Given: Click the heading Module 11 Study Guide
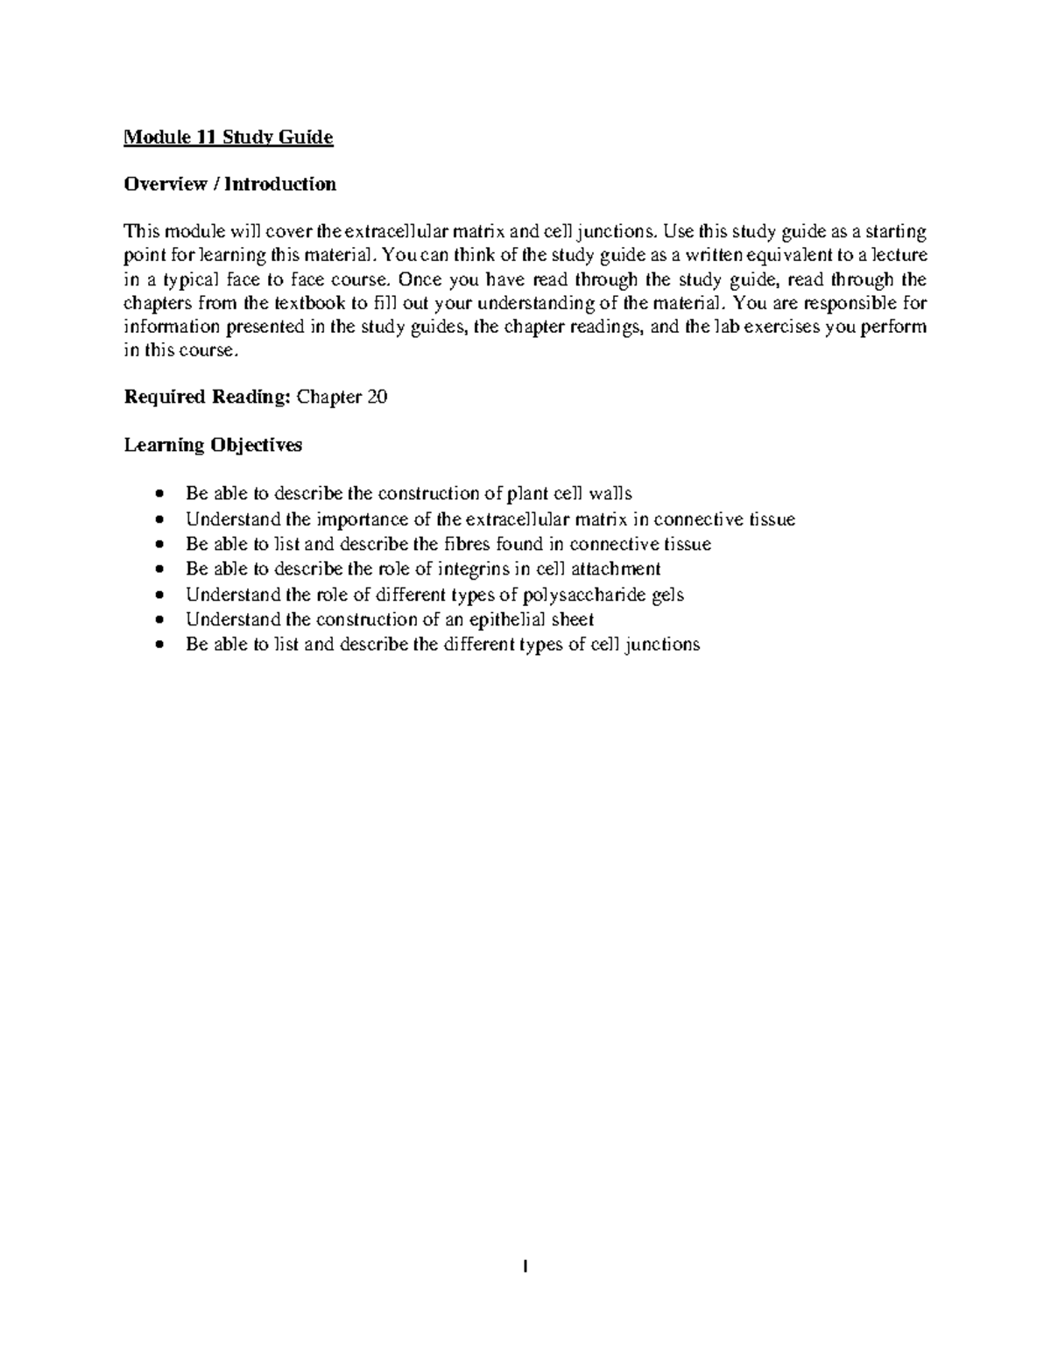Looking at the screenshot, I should click(229, 137).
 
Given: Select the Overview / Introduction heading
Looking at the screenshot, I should click(229, 184).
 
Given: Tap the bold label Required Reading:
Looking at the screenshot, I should click(207, 397).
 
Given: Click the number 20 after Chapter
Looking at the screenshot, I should click(377, 397).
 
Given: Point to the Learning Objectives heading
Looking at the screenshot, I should click(213, 445).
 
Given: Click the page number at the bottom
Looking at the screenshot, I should click(525, 1266).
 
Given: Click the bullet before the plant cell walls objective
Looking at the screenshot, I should click(159, 495).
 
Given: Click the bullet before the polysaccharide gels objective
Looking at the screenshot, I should click(159, 595).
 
